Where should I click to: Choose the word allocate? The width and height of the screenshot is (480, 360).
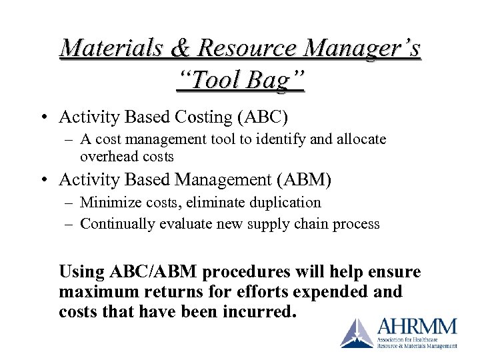[x=362, y=140]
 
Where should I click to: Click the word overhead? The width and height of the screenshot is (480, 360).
[x=105, y=156]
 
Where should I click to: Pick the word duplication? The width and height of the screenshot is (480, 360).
[x=283, y=203]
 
